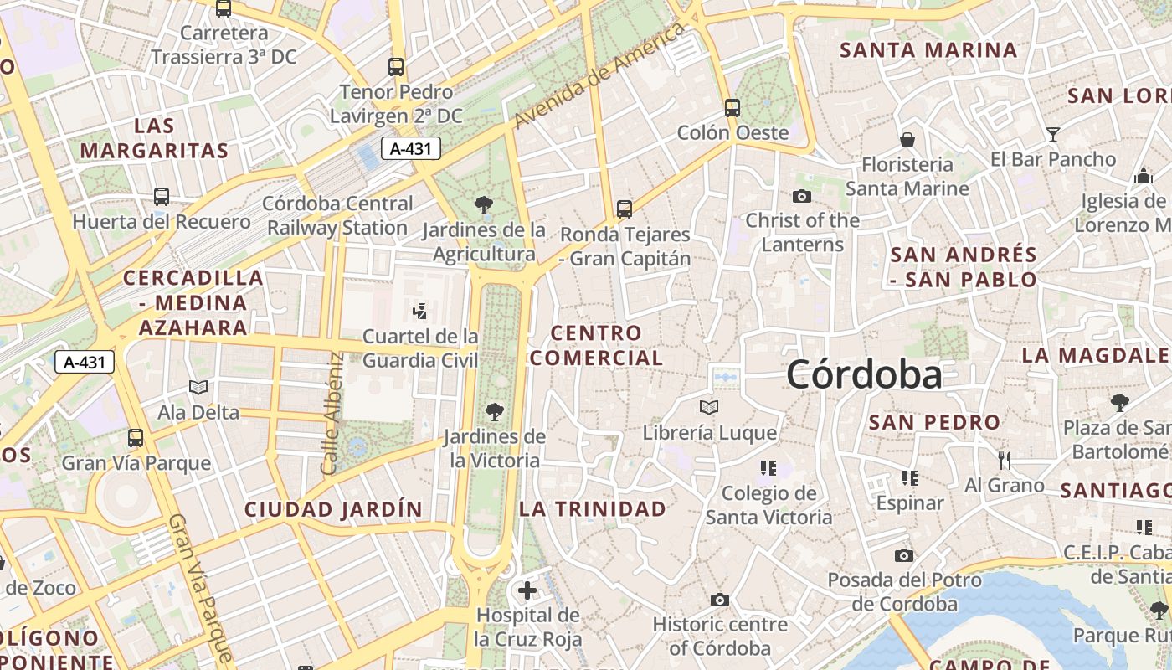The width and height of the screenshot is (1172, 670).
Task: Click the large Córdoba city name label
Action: coord(864,374)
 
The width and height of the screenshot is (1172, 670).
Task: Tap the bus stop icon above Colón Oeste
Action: coord(732,107)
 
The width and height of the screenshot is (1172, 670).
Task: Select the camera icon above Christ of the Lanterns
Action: coord(802,196)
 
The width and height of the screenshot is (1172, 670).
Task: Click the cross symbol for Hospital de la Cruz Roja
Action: coord(527,590)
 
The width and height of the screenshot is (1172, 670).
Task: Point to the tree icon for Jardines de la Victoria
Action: coord(495,411)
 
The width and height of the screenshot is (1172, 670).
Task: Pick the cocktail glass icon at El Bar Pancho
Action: coord(1053,134)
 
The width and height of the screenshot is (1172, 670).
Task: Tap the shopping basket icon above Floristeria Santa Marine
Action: coord(907,139)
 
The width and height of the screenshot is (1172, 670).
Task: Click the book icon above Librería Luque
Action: coord(709,408)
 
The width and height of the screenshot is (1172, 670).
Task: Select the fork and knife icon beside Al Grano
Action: coord(1005,460)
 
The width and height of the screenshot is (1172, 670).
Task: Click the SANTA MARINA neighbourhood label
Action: coord(928,50)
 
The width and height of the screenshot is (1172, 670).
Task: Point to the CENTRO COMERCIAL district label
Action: coord(597,345)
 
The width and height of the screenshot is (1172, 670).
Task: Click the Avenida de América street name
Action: coord(599,75)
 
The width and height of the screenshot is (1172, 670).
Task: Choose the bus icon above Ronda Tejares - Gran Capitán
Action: coord(624,209)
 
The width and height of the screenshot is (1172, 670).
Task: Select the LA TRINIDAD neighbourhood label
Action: coord(593,508)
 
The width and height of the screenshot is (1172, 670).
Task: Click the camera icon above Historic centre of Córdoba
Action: coord(719,600)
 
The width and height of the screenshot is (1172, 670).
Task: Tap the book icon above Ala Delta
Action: coord(198,387)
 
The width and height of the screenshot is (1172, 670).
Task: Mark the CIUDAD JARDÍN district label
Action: coord(333,509)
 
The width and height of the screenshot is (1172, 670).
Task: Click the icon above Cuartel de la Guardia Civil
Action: coord(420,312)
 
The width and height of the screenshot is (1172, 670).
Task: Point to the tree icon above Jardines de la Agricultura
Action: coord(483,204)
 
